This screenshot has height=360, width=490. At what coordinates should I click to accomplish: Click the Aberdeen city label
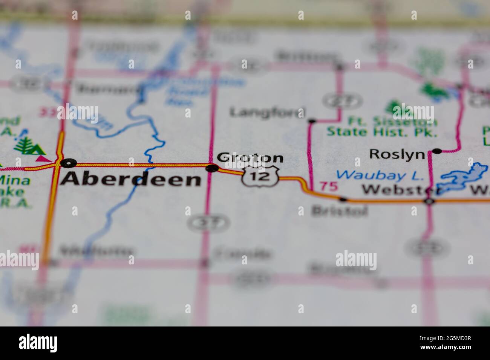(x=131, y=180)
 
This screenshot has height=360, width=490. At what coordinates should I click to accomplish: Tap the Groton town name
(x=250, y=158)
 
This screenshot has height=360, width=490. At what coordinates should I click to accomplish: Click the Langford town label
(x=267, y=112)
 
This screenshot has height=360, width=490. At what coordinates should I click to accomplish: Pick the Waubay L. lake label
(x=380, y=175)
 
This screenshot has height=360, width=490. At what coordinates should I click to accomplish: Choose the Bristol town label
(x=339, y=211)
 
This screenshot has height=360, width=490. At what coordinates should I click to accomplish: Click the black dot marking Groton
(x=212, y=168)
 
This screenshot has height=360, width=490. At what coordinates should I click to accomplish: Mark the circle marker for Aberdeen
(x=68, y=163)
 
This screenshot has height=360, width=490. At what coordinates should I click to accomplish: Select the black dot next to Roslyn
(x=437, y=151)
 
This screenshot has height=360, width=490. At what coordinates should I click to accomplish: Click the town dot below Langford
(x=312, y=121)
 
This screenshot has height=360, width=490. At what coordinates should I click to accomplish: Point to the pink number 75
(x=328, y=186)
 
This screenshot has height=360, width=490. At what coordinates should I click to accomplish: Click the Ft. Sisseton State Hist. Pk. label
(x=382, y=127)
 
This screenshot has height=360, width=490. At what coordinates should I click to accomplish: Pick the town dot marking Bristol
(x=343, y=199)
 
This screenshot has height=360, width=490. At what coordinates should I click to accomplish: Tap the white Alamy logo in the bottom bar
(x=38, y=343)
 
